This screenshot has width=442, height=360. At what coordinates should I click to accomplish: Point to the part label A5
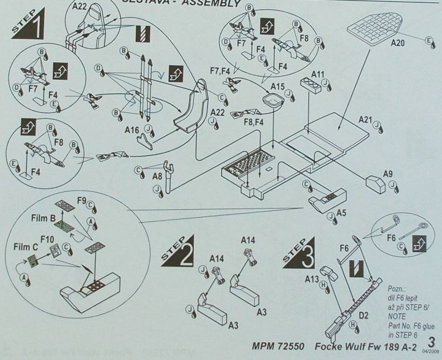pos(341,212)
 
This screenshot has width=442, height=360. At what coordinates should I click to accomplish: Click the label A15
pos(277,87)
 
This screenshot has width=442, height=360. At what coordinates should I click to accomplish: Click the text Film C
pos(23,247)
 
